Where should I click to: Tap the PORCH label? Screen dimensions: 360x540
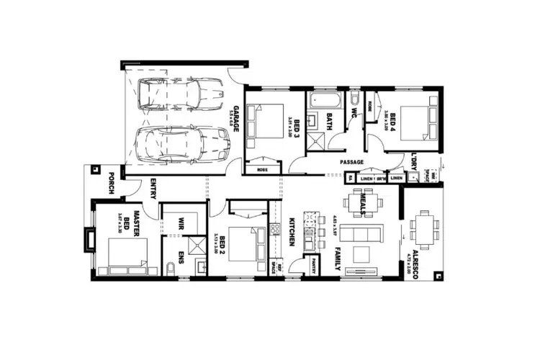(112, 184)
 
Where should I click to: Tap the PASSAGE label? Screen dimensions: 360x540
(352, 161)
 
